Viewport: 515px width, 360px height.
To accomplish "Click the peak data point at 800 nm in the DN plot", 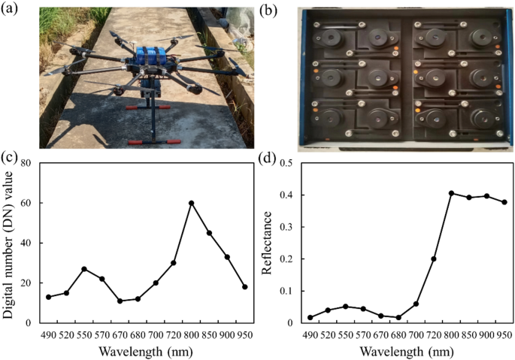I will tap(192, 203).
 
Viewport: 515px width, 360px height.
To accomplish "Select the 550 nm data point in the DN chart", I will tap(84, 269).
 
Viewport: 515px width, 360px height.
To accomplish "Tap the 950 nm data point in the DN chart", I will tap(245, 287).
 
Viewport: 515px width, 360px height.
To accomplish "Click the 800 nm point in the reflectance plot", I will tap(451, 193).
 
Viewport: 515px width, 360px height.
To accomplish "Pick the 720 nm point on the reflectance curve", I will tap(433, 259).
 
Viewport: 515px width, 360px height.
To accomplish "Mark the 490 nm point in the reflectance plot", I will tap(308, 317).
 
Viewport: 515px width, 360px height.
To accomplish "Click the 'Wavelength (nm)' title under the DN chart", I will tap(147, 350).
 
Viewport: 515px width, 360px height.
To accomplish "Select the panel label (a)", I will tap(15, 8).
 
